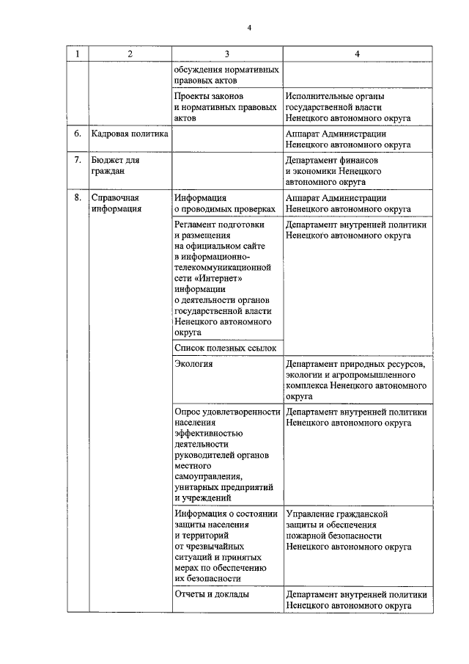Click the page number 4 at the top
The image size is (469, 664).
coord(248,28)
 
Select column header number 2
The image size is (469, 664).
coord(130,54)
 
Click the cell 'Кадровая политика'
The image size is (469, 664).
coord(130,135)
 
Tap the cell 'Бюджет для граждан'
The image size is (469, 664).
coord(116,166)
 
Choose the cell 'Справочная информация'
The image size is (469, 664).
coord(115,203)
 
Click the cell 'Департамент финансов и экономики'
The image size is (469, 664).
coord(332,171)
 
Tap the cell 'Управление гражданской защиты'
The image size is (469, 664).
coord(347,530)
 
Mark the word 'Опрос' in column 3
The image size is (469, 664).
coord(189,412)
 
